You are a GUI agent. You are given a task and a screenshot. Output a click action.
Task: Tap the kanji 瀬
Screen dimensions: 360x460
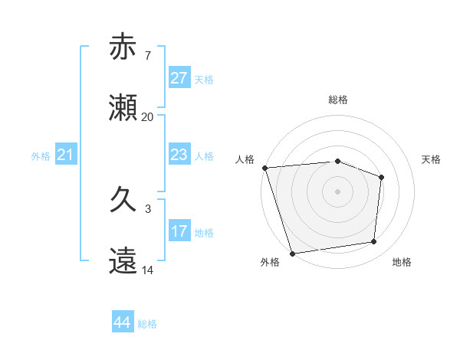(123, 107)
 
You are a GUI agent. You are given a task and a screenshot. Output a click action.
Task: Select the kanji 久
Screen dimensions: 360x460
(123, 200)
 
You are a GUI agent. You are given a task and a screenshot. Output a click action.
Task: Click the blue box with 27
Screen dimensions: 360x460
(179, 78)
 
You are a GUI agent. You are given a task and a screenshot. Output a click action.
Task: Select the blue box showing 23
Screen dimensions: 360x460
(179, 155)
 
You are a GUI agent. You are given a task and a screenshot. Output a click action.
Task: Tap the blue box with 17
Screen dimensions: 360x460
(179, 231)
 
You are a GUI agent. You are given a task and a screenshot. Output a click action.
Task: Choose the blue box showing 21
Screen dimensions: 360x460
(65, 155)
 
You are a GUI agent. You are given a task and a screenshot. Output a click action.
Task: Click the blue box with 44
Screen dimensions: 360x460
(122, 322)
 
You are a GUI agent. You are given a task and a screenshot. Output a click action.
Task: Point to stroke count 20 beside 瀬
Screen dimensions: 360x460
(147, 117)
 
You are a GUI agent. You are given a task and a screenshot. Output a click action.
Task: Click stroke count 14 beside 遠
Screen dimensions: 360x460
(147, 270)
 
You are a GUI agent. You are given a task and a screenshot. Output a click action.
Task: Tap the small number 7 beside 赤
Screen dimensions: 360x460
(147, 56)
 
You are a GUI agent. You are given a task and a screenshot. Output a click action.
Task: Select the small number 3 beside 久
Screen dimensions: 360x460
(147, 209)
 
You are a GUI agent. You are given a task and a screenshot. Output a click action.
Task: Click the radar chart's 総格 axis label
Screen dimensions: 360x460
(337, 100)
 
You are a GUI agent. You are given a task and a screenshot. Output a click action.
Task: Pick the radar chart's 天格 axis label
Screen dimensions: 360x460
(432, 159)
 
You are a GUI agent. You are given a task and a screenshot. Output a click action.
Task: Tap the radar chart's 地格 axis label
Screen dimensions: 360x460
(402, 262)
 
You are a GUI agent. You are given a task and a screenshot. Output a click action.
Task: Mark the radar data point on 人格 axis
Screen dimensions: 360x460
(264, 168)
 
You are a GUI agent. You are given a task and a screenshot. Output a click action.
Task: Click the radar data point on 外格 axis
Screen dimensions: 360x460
(292, 253)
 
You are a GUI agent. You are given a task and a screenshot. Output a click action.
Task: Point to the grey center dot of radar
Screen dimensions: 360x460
(337, 191)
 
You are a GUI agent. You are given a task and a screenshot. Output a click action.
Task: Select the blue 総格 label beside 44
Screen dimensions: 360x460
(147, 324)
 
